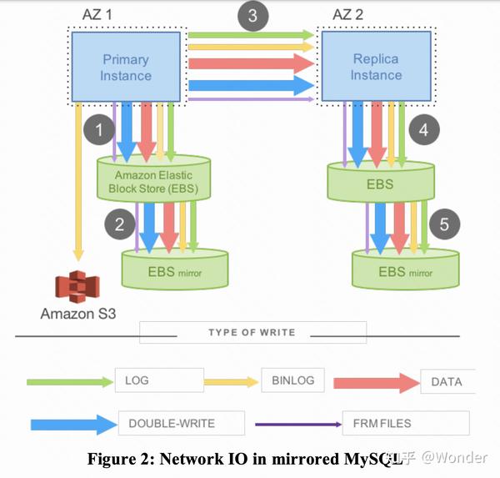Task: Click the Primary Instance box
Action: (126, 67)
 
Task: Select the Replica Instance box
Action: (377, 66)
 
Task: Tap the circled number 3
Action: (252, 16)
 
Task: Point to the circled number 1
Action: (99, 129)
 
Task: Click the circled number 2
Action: (120, 224)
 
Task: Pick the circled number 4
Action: (424, 129)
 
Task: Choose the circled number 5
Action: (444, 224)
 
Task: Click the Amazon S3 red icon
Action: (77, 286)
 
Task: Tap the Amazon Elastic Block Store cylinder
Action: (153, 179)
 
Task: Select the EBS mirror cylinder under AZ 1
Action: (175, 269)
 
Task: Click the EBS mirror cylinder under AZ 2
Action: (406, 269)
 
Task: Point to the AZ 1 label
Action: (97, 15)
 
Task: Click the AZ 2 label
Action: (347, 15)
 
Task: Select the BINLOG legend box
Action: (292, 380)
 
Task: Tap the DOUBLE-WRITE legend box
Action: (182, 423)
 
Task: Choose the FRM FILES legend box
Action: (406, 423)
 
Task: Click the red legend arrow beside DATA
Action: (377, 383)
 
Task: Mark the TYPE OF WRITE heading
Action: (252, 332)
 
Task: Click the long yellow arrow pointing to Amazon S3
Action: (78, 182)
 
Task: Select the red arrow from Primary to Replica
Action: (252, 63)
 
